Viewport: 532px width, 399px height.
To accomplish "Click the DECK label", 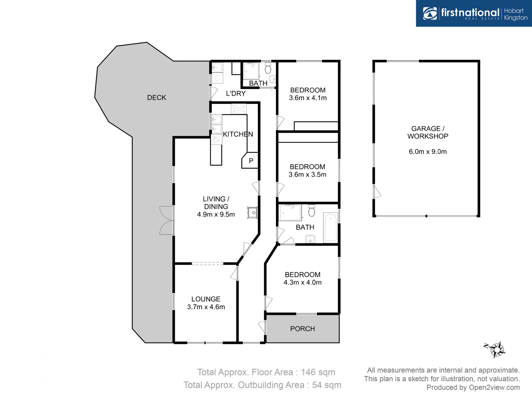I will coord(157,98).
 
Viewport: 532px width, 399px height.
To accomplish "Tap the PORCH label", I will coord(302,329).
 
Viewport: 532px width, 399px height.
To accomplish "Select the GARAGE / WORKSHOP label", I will coord(428,132).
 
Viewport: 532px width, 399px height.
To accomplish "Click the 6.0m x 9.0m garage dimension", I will coord(428,151).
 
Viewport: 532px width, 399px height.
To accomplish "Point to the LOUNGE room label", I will coord(206,299).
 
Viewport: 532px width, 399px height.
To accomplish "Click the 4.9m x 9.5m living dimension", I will coord(216,214).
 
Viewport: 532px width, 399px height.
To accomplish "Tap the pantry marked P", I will coord(251,161).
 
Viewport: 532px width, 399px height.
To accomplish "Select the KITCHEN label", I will coord(238,134).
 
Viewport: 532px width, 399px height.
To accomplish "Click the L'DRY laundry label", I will coord(236,93).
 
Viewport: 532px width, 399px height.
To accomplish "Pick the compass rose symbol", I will coord(497,349).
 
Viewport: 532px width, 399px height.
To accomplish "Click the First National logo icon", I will coord(430,14).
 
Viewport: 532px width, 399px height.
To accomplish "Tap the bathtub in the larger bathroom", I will coord(330,227).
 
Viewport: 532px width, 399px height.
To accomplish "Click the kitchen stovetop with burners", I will coord(239,109).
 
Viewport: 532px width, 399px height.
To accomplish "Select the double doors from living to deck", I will coord(167,220).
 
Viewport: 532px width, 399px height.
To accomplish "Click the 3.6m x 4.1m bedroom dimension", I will coord(308,98).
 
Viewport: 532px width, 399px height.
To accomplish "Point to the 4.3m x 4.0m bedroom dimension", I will coord(303,282).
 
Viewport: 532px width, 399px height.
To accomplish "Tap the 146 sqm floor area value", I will coord(318,372).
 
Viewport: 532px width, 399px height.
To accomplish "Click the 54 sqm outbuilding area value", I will coord(327,385).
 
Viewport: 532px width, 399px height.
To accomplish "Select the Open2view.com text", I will coord(494,387).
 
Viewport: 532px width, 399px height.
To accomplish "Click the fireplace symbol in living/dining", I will coord(253,213).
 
